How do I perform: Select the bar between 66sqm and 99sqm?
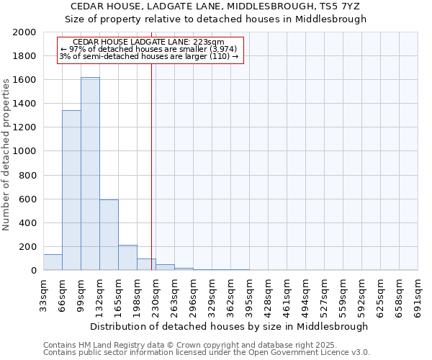click(71, 190)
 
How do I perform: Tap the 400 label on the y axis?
click(28, 223)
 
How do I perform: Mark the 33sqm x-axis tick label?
click(43, 294)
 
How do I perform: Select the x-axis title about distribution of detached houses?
click(230, 326)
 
